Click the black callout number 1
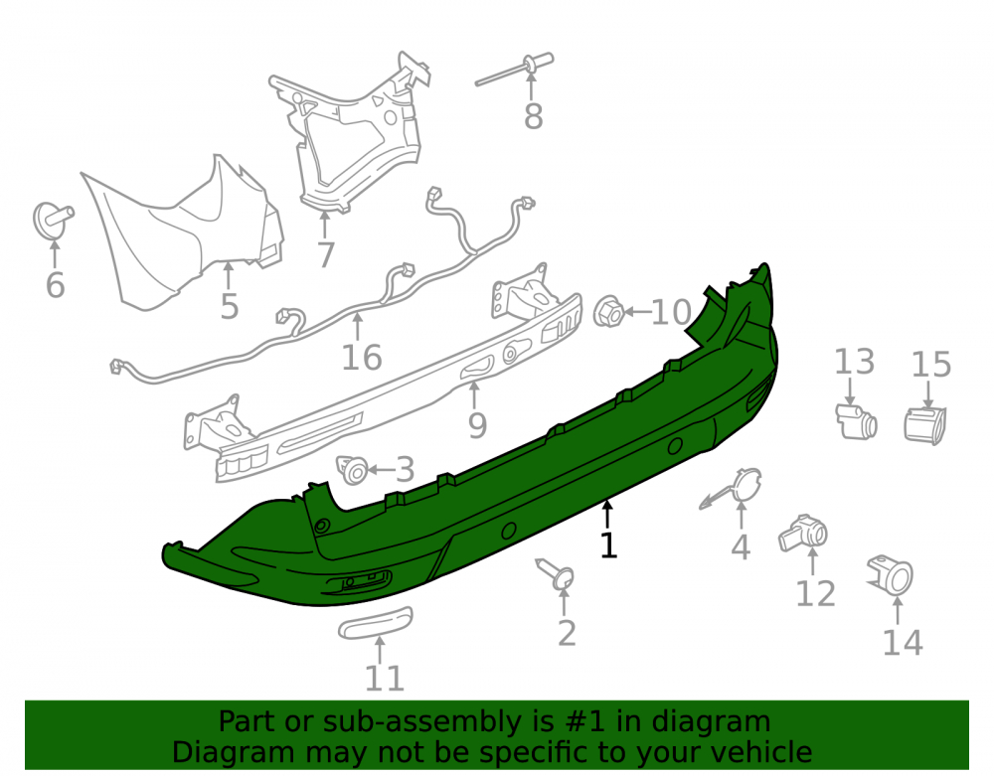(x=608, y=545)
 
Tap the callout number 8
(x=533, y=116)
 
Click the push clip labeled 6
(x=52, y=220)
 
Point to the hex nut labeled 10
(x=609, y=312)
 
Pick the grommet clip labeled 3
(x=353, y=469)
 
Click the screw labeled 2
(x=556, y=574)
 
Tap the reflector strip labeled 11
(x=376, y=622)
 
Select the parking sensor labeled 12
(x=803, y=534)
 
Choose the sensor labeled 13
(x=856, y=420)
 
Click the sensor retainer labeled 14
(x=891, y=575)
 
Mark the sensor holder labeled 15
(x=924, y=425)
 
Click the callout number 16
(x=362, y=358)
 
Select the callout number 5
(x=230, y=307)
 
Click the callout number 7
(x=325, y=254)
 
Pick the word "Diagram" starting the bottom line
(x=233, y=752)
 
